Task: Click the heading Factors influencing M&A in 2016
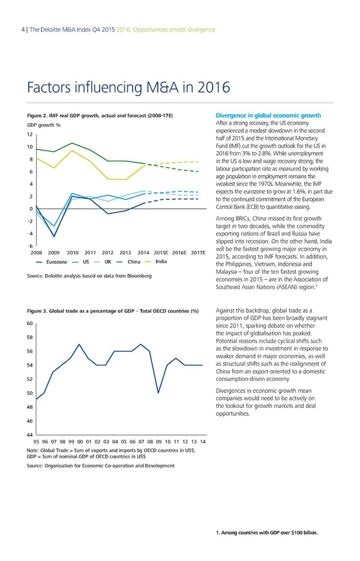coord(128,88)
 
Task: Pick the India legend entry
coord(160,261)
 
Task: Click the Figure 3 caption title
coord(113,310)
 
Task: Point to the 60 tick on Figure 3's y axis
coord(30,323)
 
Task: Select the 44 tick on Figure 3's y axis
coord(30,434)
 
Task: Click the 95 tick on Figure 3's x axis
coord(36,443)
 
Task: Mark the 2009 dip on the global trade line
coord(158,393)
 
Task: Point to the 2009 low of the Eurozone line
coord(54,236)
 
